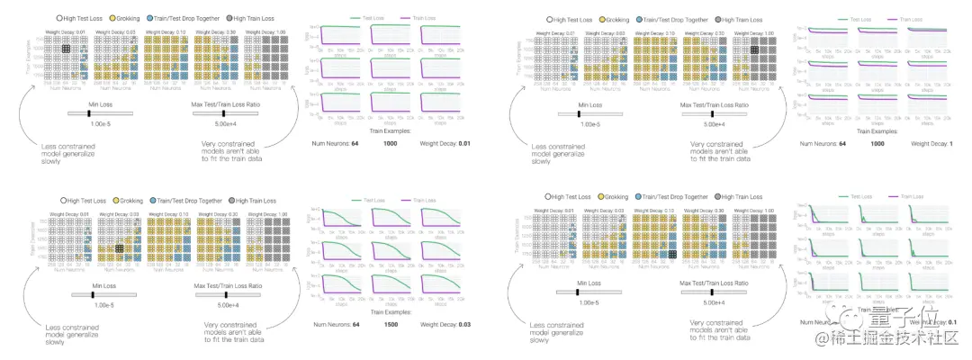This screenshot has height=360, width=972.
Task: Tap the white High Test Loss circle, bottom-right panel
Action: coord(550,197)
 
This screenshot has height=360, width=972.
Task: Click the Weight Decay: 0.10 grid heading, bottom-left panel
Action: coord(168,213)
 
